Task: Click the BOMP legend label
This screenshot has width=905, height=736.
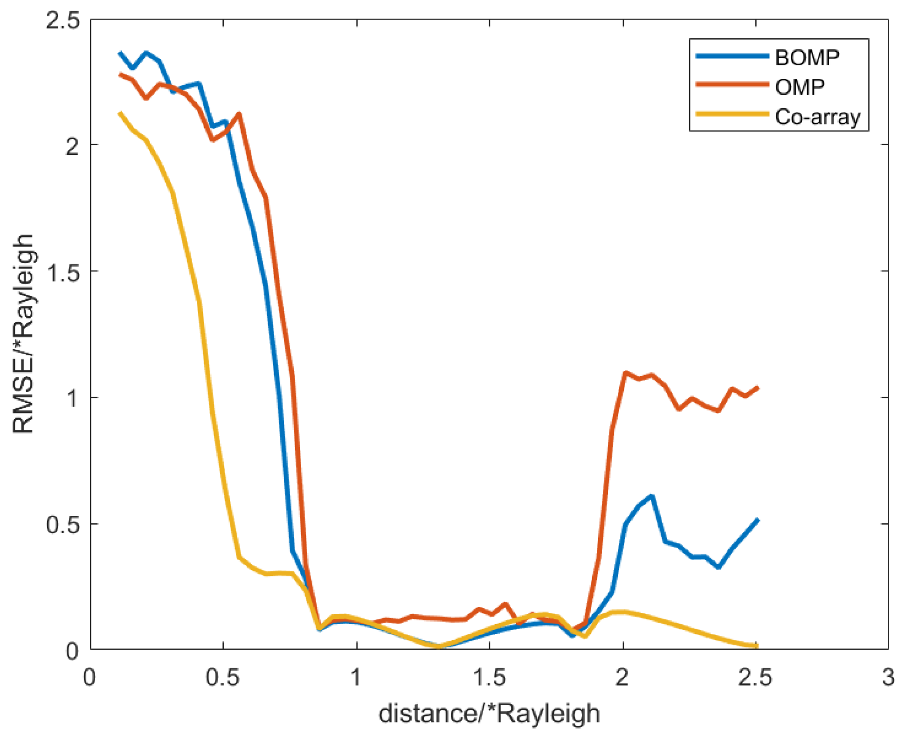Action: coord(807,57)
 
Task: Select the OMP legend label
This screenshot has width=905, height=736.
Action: coord(800,87)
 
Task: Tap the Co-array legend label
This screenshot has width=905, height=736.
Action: coord(817,117)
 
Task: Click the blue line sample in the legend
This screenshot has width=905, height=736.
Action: coord(732,56)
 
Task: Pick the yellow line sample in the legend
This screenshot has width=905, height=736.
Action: coord(732,114)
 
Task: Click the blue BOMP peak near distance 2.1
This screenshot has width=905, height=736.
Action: coord(651,496)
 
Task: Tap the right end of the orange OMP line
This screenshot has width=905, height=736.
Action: coord(758,388)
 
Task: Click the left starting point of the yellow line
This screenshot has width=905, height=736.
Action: coord(120,113)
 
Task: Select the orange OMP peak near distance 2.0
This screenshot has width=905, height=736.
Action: coord(625,373)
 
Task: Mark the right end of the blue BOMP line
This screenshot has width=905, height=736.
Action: coord(758,520)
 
